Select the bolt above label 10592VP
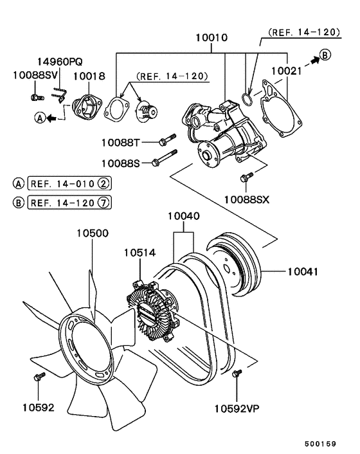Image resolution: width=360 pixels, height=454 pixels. (x=237, y=374)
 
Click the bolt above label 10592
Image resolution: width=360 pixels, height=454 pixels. (x=39, y=376)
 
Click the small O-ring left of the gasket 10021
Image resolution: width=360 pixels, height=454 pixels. (x=247, y=98)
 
